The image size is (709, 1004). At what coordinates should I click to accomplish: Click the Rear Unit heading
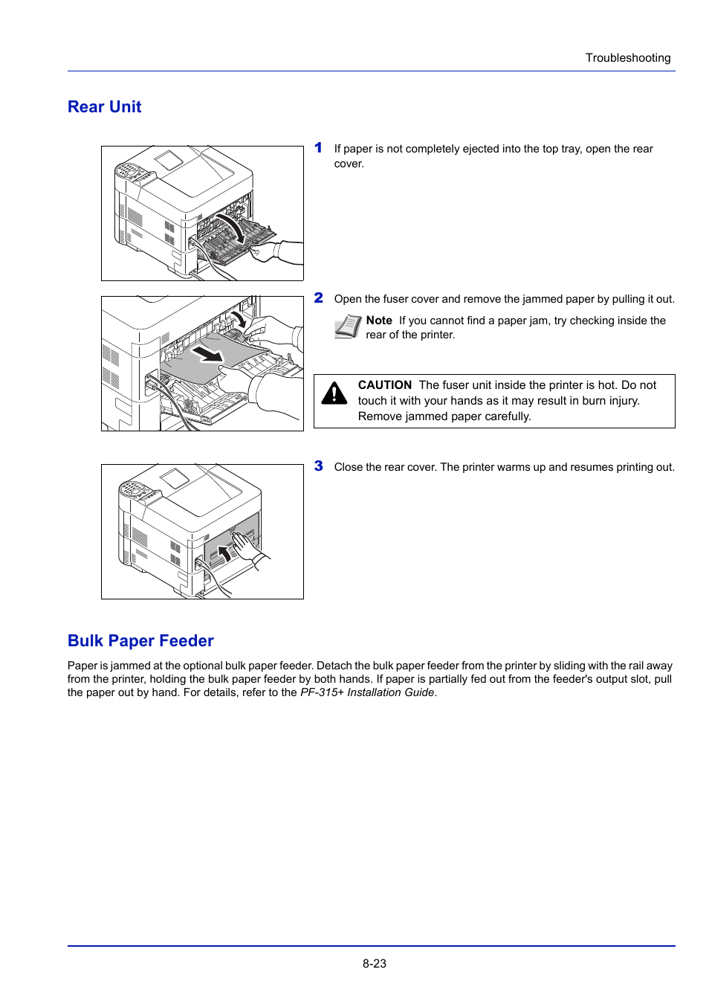tap(104, 107)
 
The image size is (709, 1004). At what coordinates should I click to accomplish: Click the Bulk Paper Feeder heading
tap(140, 641)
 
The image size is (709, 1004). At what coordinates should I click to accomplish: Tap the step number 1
tap(318, 148)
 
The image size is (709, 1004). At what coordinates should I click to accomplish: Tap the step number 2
tap(318, 298)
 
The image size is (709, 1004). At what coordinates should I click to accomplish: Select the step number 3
tap(318, 466)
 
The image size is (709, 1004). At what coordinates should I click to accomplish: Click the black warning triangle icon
tap(334, 393)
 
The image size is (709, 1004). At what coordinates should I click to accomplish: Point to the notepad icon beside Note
tap(347, 326)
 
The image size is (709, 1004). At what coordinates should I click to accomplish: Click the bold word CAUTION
tap(384, 385)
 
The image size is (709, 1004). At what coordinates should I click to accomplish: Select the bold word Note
tap(379, 321)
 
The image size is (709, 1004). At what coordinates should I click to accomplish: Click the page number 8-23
tap(375, 963)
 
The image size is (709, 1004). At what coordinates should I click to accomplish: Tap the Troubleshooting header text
tap(627, 58)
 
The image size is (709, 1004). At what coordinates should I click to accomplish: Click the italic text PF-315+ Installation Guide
tap(367, 692)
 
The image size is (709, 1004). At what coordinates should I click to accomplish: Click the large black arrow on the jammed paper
tap(207, 352)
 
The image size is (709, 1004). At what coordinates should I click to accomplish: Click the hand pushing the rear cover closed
tap(245, 546)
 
